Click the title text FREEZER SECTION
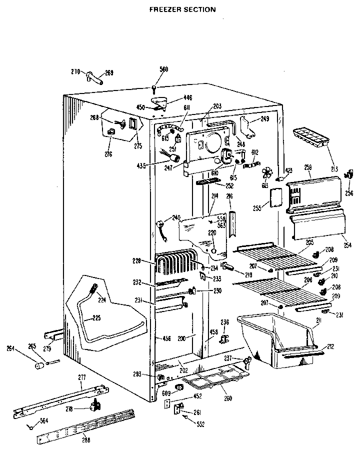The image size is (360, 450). [x=182, y=9]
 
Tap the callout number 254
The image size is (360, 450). [x=347, y=245]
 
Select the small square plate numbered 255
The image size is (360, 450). [x=275, y=197]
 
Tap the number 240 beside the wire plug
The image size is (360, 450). [x=175, y=217]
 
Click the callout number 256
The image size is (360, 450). [x=349, y=193]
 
